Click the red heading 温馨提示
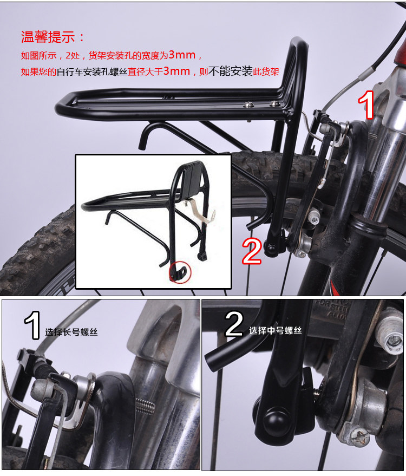[53, 37]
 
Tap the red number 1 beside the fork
[368, 105]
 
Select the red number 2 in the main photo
[252, 250]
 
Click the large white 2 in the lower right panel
[234, 324]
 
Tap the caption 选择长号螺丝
[71, 332]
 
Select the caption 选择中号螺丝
[276, 330]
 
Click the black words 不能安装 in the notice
[231, 71]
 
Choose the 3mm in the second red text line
[176, 71]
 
